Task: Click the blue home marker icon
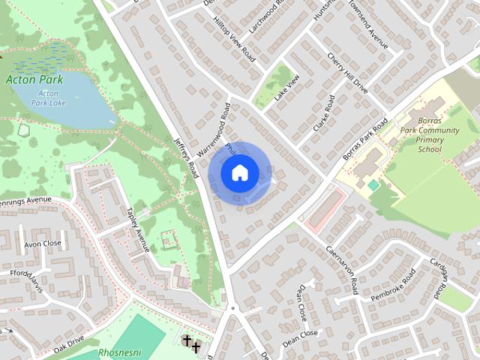tap(238, 173)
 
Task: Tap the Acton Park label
tap(35, 79)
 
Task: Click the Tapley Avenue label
tap(139, 229)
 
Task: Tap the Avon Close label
tap(42, 244)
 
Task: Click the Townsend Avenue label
tap(373, 31)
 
